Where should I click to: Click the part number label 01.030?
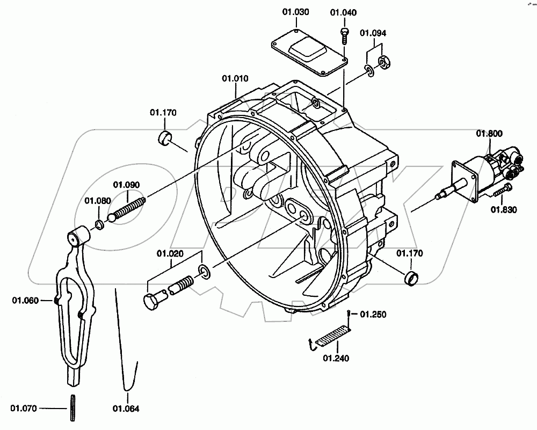point(295,12)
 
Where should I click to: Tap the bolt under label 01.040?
point(344,36)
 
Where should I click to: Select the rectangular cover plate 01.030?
point(310,55)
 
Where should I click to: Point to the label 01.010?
point(235,78)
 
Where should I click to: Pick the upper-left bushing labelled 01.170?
point(165,137)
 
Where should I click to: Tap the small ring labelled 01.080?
point(100,225)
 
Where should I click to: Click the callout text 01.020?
point(170,254)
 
